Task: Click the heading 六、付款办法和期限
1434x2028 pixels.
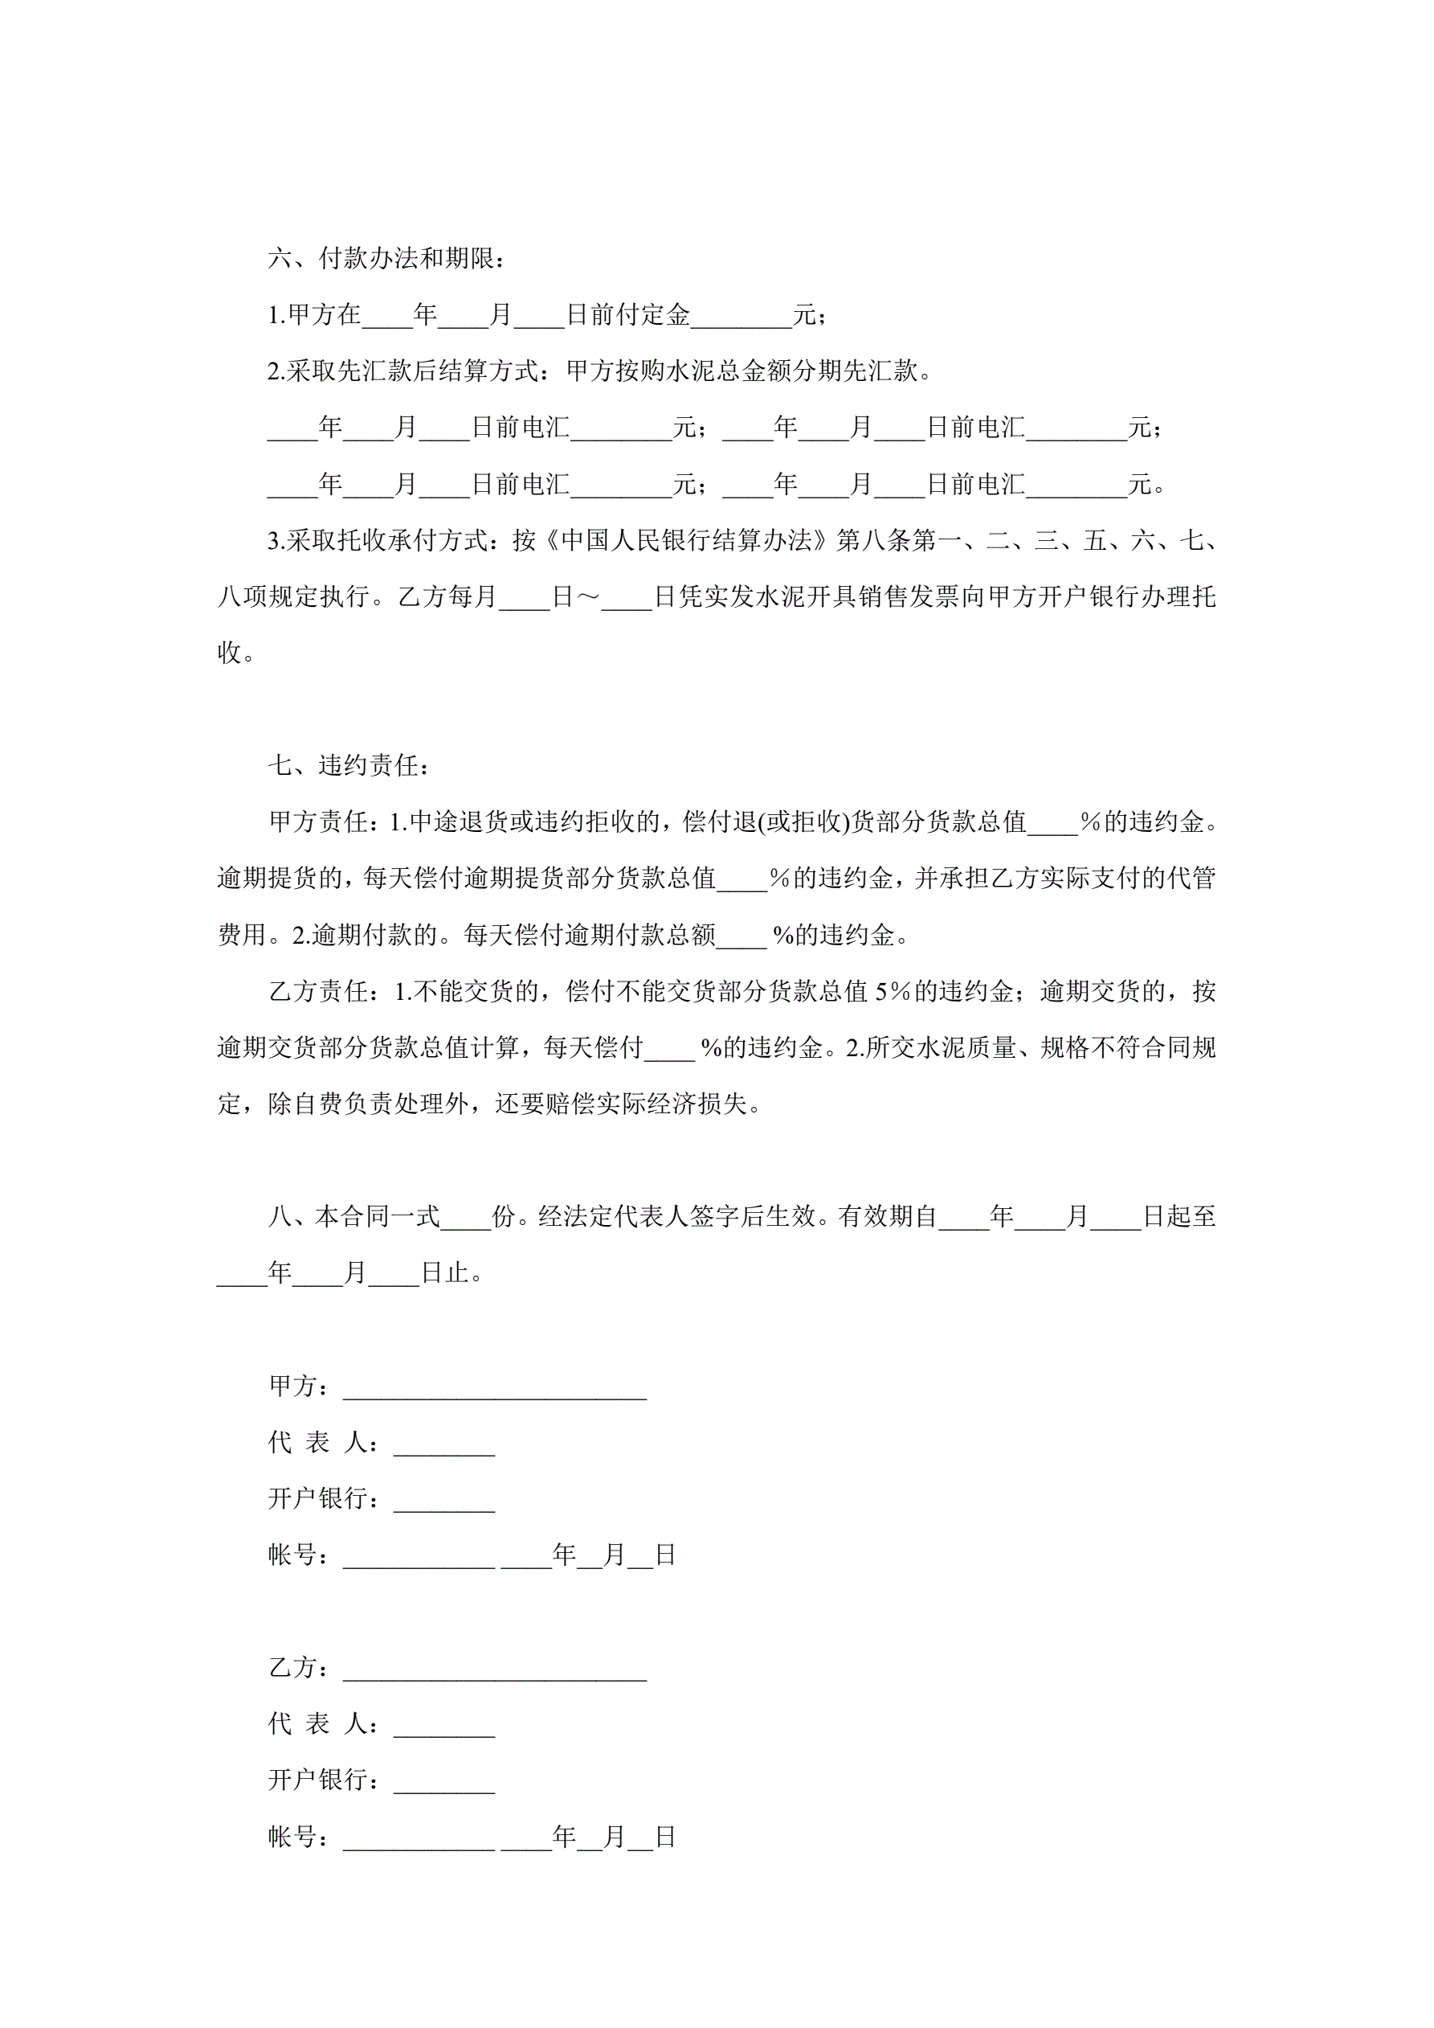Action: [x=386, y=259]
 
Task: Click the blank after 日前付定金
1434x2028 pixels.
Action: [x=741, y=315]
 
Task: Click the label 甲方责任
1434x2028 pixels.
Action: [x=318, y=821]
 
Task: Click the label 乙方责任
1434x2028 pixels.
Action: [x=318, y=991]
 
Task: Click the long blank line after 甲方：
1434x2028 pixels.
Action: [x=495, y=1387]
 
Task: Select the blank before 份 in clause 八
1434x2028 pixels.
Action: [x=465, y=1217]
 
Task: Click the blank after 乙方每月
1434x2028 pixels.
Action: [x=524, y=597]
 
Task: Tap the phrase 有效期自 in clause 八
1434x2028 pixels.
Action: [x=888, y=1217]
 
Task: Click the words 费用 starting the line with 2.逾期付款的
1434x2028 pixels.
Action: [x=242, y=935]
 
